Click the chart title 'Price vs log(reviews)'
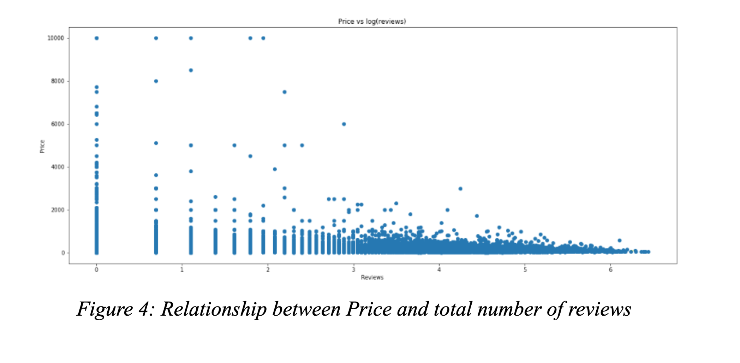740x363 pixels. pos(372,22)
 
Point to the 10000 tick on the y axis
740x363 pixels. pos(56,38)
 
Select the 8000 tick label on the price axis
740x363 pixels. pos(58,81)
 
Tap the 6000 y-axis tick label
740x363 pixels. pos(58,124)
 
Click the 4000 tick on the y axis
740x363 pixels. pos(58,167)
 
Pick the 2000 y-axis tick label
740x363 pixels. pos(58,210)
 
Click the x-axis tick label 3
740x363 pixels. pos(353,270)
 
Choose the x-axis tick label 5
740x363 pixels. pos(525,270)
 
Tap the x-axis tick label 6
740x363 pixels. pos(610,270)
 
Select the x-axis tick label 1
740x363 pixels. pos(182,270)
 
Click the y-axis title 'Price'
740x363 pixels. pos(42,147)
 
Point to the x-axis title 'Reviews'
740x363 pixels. pos(372,278)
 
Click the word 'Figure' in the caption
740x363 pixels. pos(105,309)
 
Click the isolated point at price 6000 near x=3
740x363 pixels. pos(344,124)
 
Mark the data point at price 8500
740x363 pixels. pos(191,70)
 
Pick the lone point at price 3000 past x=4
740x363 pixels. pos(460,189)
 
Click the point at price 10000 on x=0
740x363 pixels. pos(97,38)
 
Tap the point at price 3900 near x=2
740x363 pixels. pos(275,169)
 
